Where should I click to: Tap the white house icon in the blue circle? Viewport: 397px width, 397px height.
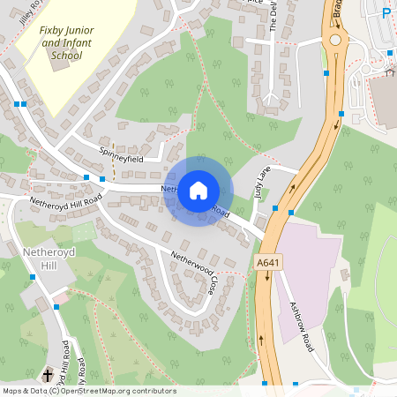click(x=198, y=191)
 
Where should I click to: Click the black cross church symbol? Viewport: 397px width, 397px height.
click(x=47, y=374)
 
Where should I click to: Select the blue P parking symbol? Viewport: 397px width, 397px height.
click(x=386, y=12)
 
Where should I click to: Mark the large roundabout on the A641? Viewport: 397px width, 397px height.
click(x=336, y=41)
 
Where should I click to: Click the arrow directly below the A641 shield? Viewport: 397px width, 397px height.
click(x=266, y=277)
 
